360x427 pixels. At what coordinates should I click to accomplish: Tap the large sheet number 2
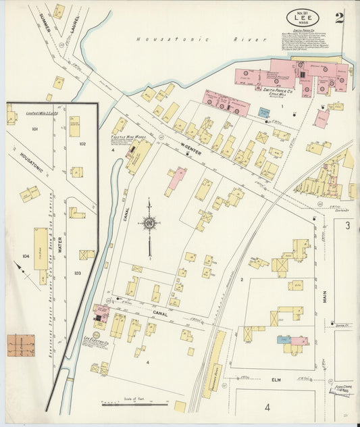pos(339,18)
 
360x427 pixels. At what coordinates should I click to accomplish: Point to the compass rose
pos(149,222)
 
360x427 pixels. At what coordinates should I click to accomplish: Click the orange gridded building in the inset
pos(21,345)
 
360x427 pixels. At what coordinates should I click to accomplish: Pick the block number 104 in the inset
pos(26,257)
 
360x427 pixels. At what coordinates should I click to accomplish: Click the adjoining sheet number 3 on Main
pos(347,225)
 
